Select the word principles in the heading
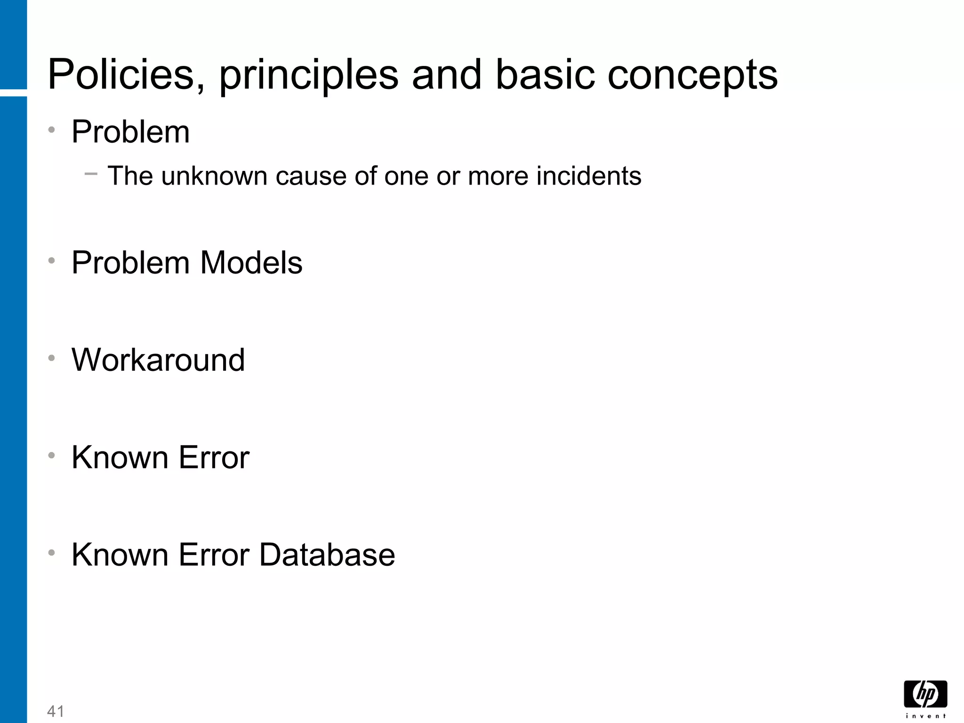point(309,75)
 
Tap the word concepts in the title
point(692,75)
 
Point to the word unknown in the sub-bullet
point(214,176)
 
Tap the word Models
point(251,262)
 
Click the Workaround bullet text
point(158,360)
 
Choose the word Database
point(327,554)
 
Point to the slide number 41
point(56,711)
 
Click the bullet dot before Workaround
point(52,358)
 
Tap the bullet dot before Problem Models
point(52,260)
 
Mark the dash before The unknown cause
point(91,174)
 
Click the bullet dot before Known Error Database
point(52,553)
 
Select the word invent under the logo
point(925,715)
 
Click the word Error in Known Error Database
point(214,554)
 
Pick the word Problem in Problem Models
point(131,262)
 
